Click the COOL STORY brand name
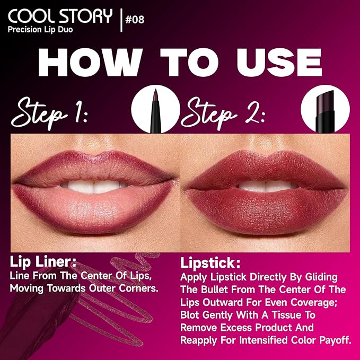click(59, 16)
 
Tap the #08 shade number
click(134, 20)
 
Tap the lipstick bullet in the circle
click(322, 110)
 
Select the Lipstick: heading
click(209, 264)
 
